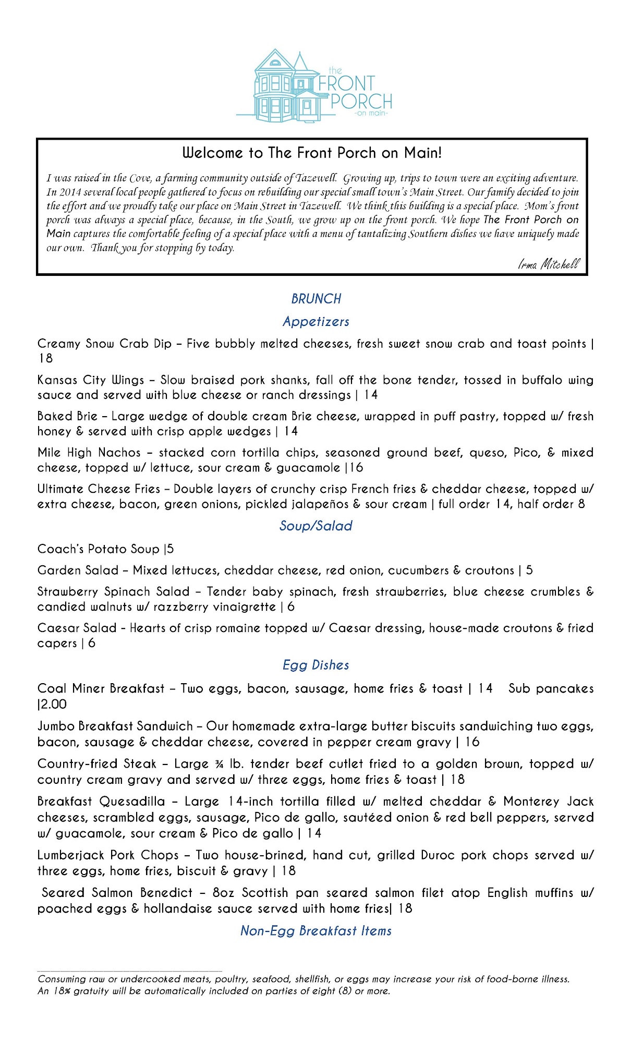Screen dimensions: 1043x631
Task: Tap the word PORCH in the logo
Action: pyautogui.click(x=361, y=101)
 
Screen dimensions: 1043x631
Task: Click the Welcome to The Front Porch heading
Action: pyautogui.click(x=312, y=153)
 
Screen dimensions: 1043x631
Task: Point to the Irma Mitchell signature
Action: pyautogui.click(x=549, y=264)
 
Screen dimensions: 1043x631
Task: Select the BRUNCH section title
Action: pyautogui.click(x=316, y=299)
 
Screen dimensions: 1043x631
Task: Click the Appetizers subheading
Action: pyautogui.click(x=316, y=322)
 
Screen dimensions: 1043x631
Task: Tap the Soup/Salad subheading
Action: pyautogui.click(x=316, y=526)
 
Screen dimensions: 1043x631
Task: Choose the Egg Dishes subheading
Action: pyautogui.click(x=316, y=665)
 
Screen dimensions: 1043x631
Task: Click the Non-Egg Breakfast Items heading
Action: pyautogui.click(x=316, y=931)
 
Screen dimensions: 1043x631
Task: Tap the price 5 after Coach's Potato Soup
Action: pyautogui.click(x=171, y=549)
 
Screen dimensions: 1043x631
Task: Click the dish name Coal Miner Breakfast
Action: pyautogui.click(x=101, y=689)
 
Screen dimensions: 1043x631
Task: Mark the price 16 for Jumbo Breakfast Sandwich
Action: pyautogui.click(x=472, y=742)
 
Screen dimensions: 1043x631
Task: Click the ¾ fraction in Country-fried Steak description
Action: pyautogui.click(x=219, y=765)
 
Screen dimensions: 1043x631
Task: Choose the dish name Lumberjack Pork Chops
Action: pyautogui.click(x=108, y=855)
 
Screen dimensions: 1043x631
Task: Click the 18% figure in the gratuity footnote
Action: pyautogui.click(x=62, y=991)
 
